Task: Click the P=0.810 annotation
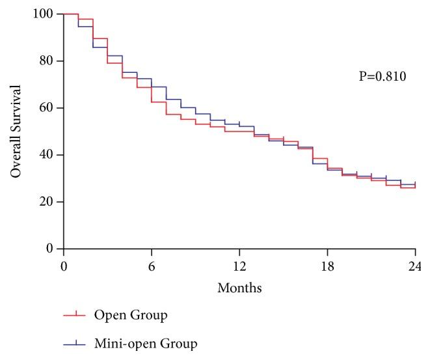383,77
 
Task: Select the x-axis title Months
239,287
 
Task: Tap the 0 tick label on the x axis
64,266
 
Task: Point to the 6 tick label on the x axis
152,266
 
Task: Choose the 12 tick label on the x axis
239,266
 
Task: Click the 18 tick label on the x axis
327,266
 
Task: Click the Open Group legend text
131,316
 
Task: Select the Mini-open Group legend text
146,343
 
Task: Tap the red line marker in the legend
77,316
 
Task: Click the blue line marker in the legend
77,343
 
